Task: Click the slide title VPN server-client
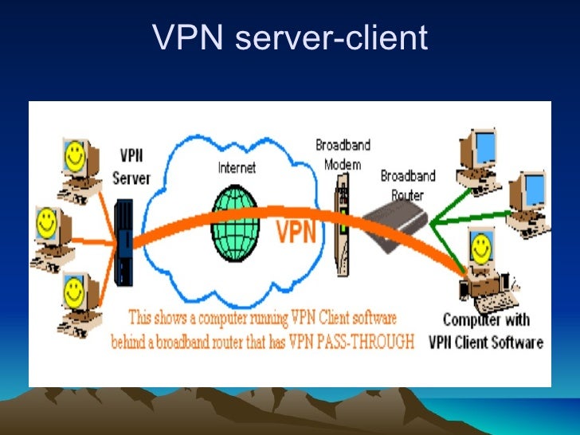click(290, 37)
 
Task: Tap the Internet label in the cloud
click(237, 168)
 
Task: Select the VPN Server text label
click(131, 167)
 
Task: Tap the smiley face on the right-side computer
click(480, 247)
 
